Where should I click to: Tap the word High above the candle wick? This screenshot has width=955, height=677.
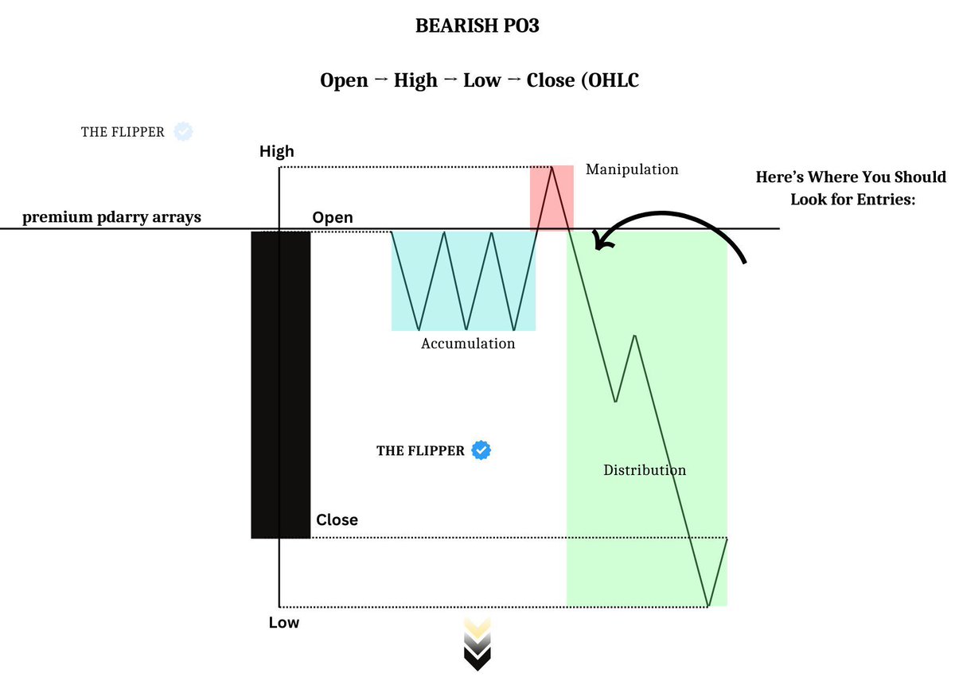(276, 151)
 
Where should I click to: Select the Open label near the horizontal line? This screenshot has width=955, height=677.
(333, 217)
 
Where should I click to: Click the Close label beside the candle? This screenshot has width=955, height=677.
(337, 519)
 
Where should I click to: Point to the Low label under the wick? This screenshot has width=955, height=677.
(283, 622)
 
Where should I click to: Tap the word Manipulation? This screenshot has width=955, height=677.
(632, 169)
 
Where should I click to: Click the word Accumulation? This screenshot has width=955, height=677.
(468, 344)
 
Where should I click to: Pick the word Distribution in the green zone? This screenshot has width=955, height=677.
(645, 470)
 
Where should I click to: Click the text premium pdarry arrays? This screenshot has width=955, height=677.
(111, 217)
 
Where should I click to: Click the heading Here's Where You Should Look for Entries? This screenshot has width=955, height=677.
(852, 188)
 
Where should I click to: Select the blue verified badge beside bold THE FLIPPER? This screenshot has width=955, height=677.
(481, 450)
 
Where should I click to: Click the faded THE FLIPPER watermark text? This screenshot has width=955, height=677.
(123, 132)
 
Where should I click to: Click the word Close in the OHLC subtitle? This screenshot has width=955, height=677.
(551, 80)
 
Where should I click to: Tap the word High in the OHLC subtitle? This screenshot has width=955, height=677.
(415, 80)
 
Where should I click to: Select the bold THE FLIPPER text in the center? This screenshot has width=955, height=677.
(420, 451)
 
